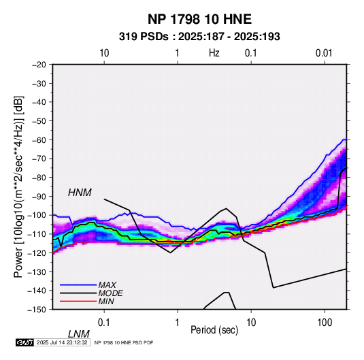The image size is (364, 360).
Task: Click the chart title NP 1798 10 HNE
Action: click(x=199, y=19)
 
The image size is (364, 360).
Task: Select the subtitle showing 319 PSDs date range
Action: click(x=199, y=37)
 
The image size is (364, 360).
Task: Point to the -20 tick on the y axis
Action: click(x=39, y=65)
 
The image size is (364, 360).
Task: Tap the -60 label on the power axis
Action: click(x=39, y=140)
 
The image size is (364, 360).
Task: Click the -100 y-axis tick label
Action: click(x=37, y=215)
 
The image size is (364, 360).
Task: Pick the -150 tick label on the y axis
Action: click(x=37, y=310)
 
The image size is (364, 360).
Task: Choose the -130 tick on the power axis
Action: click(x=37, y=272)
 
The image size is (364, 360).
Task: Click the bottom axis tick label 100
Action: click(x=325, y=323)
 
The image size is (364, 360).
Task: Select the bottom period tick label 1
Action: click(x=178, y=323)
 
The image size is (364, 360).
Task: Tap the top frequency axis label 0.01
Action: click(x=324, y=53)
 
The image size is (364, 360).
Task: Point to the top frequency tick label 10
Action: click(x=104, y=53)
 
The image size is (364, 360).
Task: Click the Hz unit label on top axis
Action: click(x=214, y=53)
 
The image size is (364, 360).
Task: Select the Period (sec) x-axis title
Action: click(x=214, y=330)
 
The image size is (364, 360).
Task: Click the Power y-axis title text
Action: click(x=18, y=186)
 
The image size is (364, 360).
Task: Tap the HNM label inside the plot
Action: click(x=80, y=193)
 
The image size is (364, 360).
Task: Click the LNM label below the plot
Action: click(x=79, y=334)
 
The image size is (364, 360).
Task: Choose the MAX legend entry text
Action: click(x=107, y=285)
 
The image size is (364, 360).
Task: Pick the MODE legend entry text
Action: click(x=110, y=293)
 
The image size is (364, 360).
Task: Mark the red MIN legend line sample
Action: click(x=78, y=301)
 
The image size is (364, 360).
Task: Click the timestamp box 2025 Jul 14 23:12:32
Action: click(x=62, y=342)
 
